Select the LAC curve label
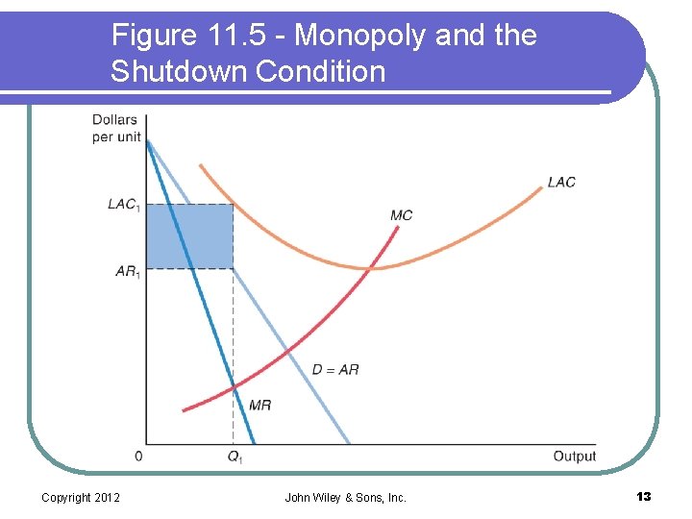[x=561, y=182]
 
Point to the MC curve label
[x=402, y=214]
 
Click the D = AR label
[x=336, y=369]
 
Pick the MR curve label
[x=259, y=405]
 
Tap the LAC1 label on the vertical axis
[x=123, y=204]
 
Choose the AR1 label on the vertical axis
[x=127, y=271]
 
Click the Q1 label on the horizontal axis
[x=235, y=457]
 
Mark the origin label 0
[x=138, y=456]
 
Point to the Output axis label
[x=574, y=456]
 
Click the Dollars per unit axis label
[x=115, y=128]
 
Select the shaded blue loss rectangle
[x=189, y=236]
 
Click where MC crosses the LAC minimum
[x=371, y=268]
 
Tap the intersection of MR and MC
[x=234, y=387]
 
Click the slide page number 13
[x=643, y=496]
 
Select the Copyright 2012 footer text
[x=81, y=497]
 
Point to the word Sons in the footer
[x=369, y=497]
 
